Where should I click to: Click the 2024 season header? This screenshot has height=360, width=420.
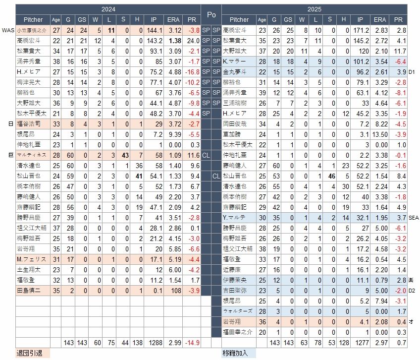point(107,9)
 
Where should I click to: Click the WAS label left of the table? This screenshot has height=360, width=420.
point(8,30)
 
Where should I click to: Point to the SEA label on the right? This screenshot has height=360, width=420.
point(414,218)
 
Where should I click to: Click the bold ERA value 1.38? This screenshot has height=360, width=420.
point(173,41)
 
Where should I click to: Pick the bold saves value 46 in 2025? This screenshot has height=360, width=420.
point(329,176)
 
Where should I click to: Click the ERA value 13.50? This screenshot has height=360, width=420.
point(379,134)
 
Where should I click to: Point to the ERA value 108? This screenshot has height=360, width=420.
point(173,291)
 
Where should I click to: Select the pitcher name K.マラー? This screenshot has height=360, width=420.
point(231,61)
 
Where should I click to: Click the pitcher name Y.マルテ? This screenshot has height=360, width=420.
point(232,218)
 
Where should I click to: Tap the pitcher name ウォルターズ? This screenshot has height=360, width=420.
point(239,311)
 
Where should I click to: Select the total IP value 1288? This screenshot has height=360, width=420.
point(154,343)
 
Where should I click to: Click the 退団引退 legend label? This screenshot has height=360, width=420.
point(15,354)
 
